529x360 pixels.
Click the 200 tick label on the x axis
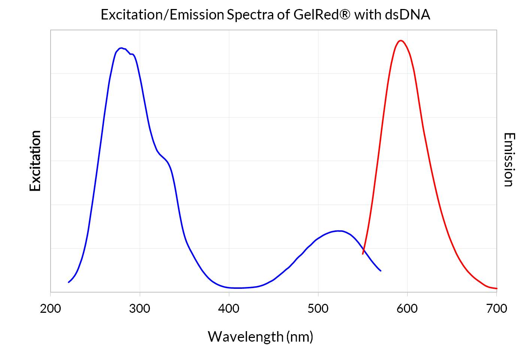coord(50,309)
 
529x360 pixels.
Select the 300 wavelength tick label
coord(140,309)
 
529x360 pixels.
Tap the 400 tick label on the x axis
coord(229,309)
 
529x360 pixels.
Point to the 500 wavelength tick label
coord(318,309)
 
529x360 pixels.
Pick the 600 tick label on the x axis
coord(407,309)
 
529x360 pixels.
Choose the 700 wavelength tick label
coord(496,309)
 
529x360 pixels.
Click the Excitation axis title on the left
coord(35,161)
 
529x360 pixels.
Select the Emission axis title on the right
coord(508,160)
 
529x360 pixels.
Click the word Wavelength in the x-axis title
coord(245,336)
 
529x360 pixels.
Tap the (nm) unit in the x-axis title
coord(300,336)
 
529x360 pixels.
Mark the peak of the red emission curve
coord(401,40)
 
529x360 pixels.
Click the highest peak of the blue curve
coord(121,48)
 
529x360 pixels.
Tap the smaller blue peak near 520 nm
coord(339,231)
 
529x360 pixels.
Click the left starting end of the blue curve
coord(69,282)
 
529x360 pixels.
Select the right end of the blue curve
coord(381,270)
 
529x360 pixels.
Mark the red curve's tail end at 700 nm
coord(496,288)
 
